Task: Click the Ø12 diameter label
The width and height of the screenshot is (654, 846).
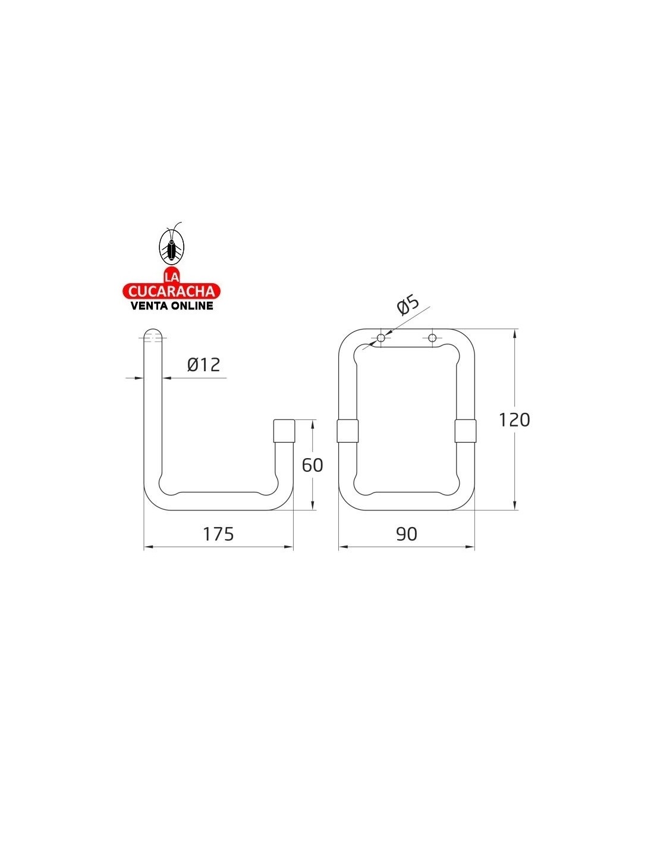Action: click(x=203, y=365)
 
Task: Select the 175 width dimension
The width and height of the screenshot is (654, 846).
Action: click(x=218, y=534)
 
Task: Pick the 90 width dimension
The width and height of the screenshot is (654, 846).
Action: click(x=407, y=534)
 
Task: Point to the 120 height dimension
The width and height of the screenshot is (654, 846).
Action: click(x=514, y=420)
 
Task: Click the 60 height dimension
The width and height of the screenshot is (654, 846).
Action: click(x=312, y=465)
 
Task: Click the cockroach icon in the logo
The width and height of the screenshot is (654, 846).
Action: click(x=172, y=244)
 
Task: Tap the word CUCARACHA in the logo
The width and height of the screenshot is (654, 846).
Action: click(x=172, y=291)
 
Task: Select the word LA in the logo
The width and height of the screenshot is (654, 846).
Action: click(x=172, y=277)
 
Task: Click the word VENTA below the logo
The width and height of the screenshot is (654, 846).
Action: click(x=149, y=306)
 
